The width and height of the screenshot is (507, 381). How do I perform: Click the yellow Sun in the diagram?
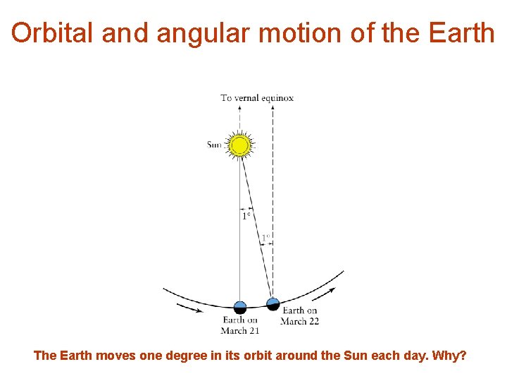(240, 145)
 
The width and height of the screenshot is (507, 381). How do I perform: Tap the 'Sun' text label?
(214, 145)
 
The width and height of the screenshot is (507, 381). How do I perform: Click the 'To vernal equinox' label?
(257, 97)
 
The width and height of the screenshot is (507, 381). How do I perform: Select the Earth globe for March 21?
(240, 307)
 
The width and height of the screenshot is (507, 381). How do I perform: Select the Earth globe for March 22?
(273, 304)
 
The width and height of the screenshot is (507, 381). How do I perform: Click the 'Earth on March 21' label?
(239, 325)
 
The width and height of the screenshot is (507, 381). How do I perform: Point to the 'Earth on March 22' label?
(299, 315)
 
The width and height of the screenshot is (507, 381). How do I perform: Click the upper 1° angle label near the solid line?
(246, 216)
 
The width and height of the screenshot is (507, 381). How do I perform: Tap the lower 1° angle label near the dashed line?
(265, 238)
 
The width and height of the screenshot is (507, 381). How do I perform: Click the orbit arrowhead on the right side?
(331, 289)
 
